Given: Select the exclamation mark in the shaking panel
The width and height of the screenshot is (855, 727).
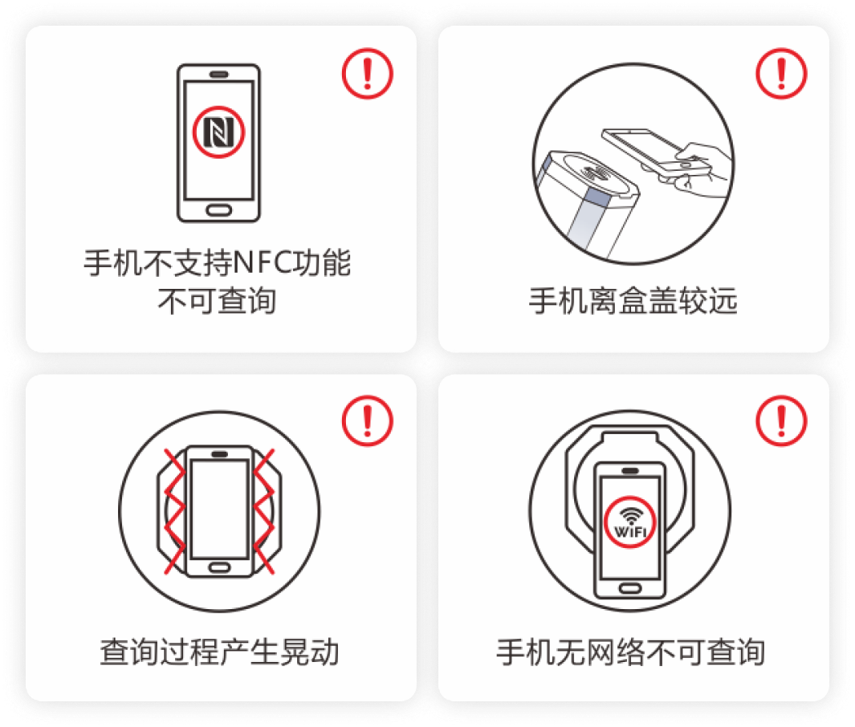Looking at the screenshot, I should [x=368, y=420].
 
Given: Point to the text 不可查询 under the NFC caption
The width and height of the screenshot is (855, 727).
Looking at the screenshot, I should [x=218, y=302].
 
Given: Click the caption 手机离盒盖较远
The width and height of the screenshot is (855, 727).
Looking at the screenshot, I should [x=633, y=302].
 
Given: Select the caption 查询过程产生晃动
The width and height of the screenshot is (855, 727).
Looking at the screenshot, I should [x=218, y=651].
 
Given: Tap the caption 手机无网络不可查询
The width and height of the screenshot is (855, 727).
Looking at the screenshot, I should [x=631, y=651].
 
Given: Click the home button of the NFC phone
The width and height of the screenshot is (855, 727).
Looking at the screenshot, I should [x=218, y=210].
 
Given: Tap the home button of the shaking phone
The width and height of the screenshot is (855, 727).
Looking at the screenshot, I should [x=219, y=567].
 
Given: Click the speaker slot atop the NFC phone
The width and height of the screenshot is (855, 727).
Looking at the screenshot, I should [x=218, y=74].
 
